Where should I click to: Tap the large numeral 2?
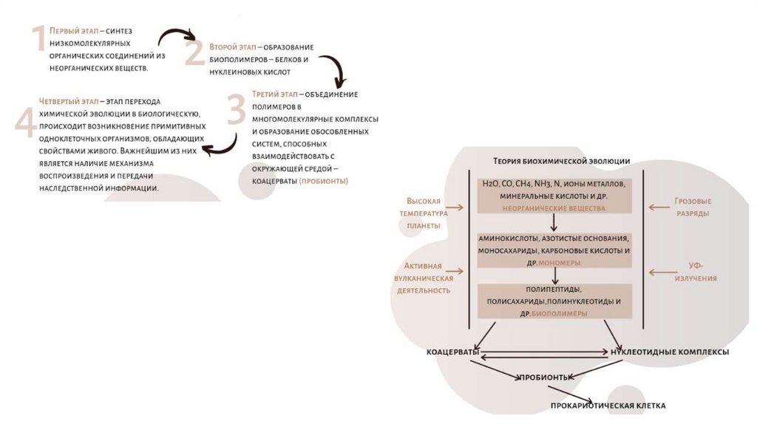pos(194,54)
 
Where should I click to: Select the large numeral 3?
pos(236,109)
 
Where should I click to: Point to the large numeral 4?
pos(25,120)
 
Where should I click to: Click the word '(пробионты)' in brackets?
pos(323,181)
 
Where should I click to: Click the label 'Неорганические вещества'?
pos(554,208)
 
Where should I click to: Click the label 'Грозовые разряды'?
pos(693,207)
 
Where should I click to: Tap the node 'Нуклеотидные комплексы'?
pos(670,352)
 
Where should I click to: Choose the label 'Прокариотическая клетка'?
pos(608,406)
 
